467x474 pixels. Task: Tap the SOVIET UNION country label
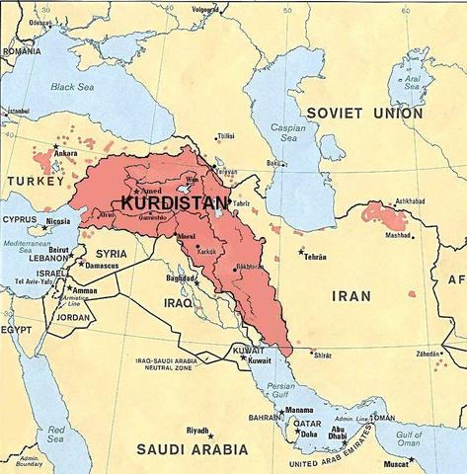click(x=363, y=114)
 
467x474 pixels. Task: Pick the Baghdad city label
click(x=182, y=277)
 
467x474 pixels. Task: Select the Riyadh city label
click(x=198, y=432)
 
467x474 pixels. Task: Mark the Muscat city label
click(x=423, y=460)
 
